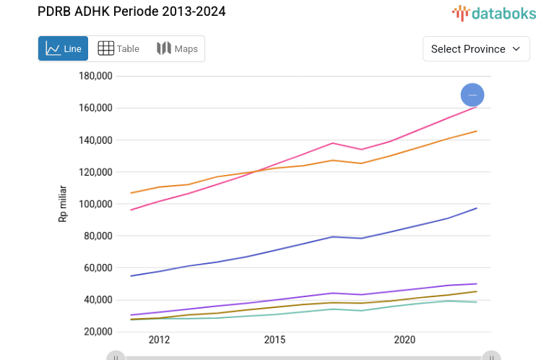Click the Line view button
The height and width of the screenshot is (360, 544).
63,49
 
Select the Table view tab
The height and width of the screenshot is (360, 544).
118,49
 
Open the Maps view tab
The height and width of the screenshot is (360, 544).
177,49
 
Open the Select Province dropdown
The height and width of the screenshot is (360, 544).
475,49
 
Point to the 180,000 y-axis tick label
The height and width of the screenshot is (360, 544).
94,76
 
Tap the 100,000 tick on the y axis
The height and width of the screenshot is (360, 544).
94,204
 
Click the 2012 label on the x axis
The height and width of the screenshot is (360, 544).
159,340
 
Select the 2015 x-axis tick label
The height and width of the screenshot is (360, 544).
275,340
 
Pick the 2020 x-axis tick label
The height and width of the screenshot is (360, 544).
405,340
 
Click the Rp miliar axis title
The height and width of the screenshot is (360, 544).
63,204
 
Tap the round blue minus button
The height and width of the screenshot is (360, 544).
472,95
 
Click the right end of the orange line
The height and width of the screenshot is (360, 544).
477,131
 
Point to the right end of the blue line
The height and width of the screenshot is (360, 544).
477,208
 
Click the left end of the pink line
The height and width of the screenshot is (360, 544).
131,210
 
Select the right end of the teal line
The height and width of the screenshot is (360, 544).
477,302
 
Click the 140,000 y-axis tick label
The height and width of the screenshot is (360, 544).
94,140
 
